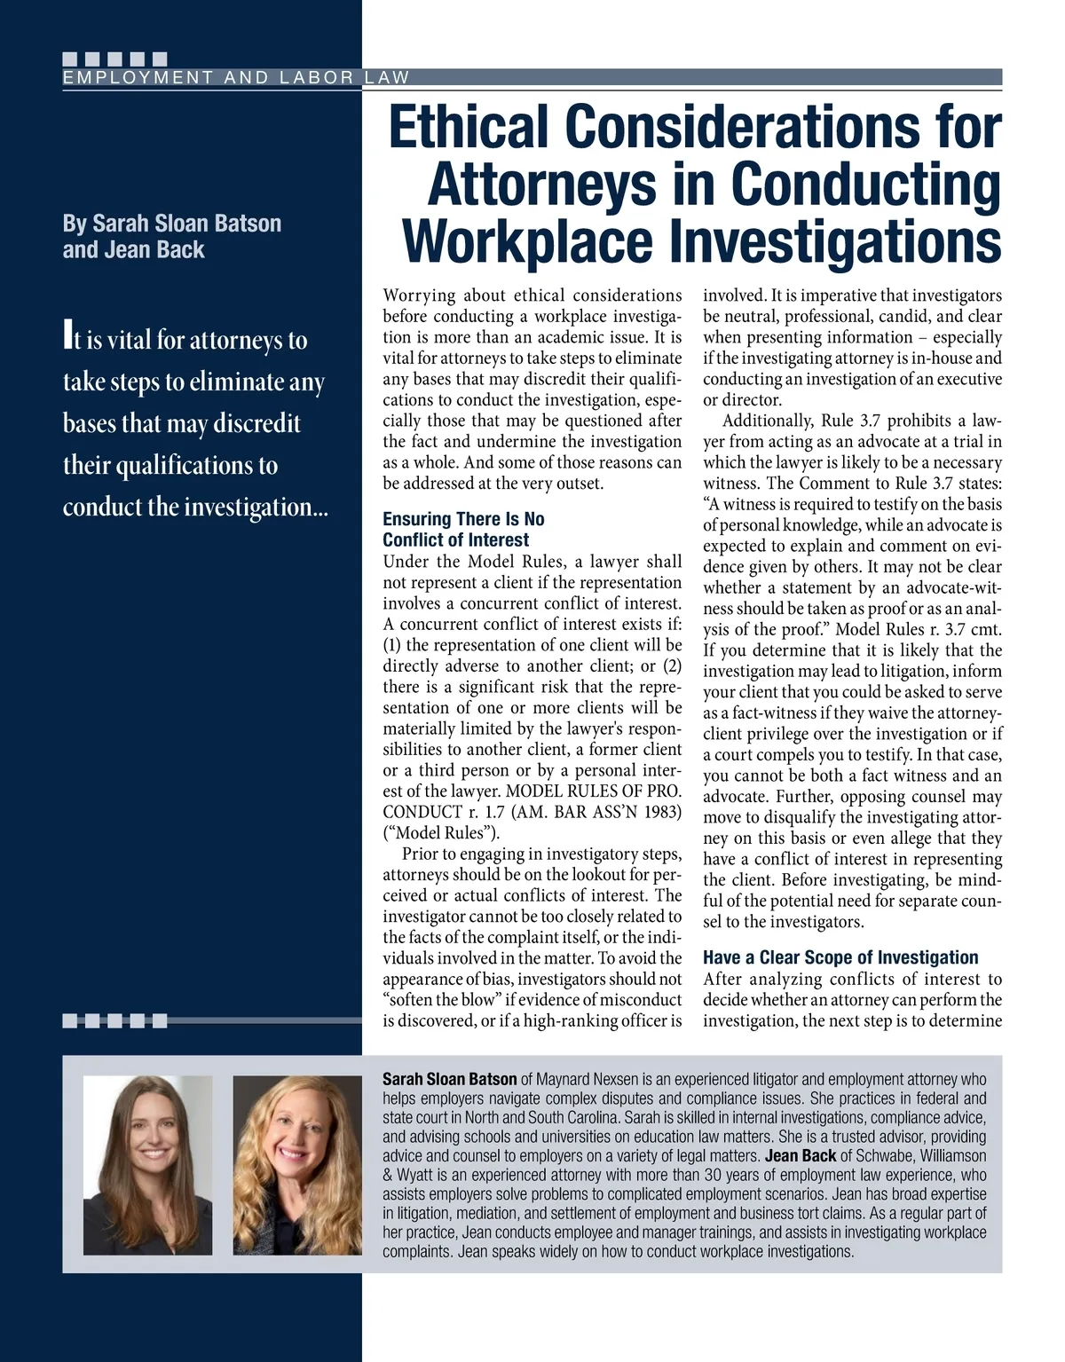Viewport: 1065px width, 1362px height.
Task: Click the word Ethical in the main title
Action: [468, 127]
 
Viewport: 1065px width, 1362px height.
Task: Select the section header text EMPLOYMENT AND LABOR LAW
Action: [236, 78]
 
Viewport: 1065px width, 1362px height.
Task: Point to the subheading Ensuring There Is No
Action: [463, 519]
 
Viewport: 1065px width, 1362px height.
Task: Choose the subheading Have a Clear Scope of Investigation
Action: [840, 957]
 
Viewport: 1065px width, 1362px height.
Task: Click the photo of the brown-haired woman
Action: [147, 1164]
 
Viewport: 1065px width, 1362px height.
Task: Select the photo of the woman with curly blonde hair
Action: [297, 1164]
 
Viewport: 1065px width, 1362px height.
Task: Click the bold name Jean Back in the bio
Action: [801, 1156]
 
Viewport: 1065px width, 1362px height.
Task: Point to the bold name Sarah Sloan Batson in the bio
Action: [449, 1080]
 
